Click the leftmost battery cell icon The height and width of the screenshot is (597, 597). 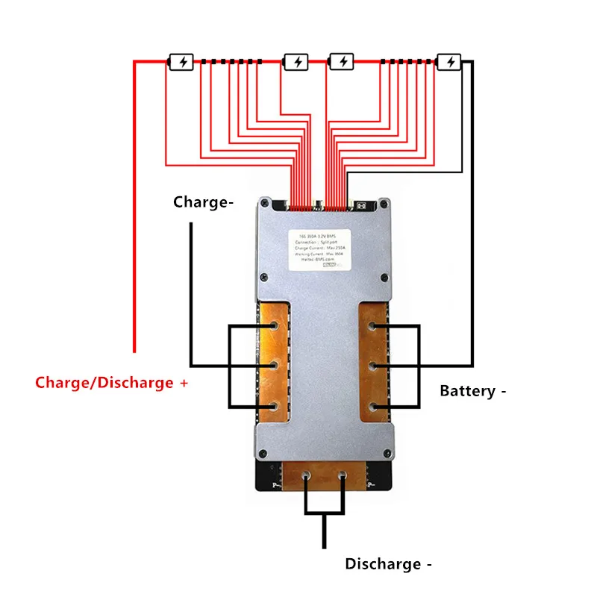[x=182, y=62]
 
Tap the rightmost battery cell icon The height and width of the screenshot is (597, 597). [x=449, y=62]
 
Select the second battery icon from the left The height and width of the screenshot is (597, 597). [x=296, y=62]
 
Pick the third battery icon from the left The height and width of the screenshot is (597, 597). [x=342, y=62]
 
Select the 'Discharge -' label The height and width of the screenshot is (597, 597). [x=388, y=564]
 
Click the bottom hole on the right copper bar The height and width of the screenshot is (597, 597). [x=372, y=406]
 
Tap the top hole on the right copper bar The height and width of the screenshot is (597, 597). [x=372, y=326]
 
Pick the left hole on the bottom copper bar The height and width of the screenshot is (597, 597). [x=305, y=475]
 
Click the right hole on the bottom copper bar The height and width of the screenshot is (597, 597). [x=343, y=475]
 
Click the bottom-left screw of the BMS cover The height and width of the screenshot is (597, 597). [x=263, y=452]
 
